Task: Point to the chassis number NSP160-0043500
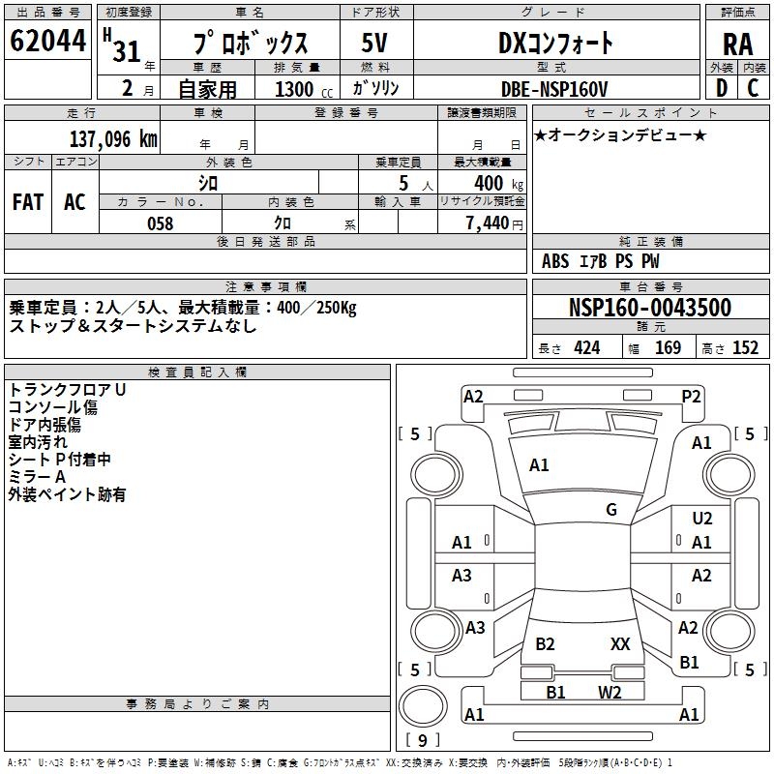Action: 649,308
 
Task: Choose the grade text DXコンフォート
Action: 555,44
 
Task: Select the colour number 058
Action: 161,223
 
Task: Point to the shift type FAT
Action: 28,201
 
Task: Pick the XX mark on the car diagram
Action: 620,643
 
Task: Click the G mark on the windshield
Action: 611,510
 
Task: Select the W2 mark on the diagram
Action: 610,692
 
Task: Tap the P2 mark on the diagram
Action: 691,396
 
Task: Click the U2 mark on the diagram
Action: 702,520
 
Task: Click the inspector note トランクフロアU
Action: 68,389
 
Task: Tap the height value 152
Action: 745,348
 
